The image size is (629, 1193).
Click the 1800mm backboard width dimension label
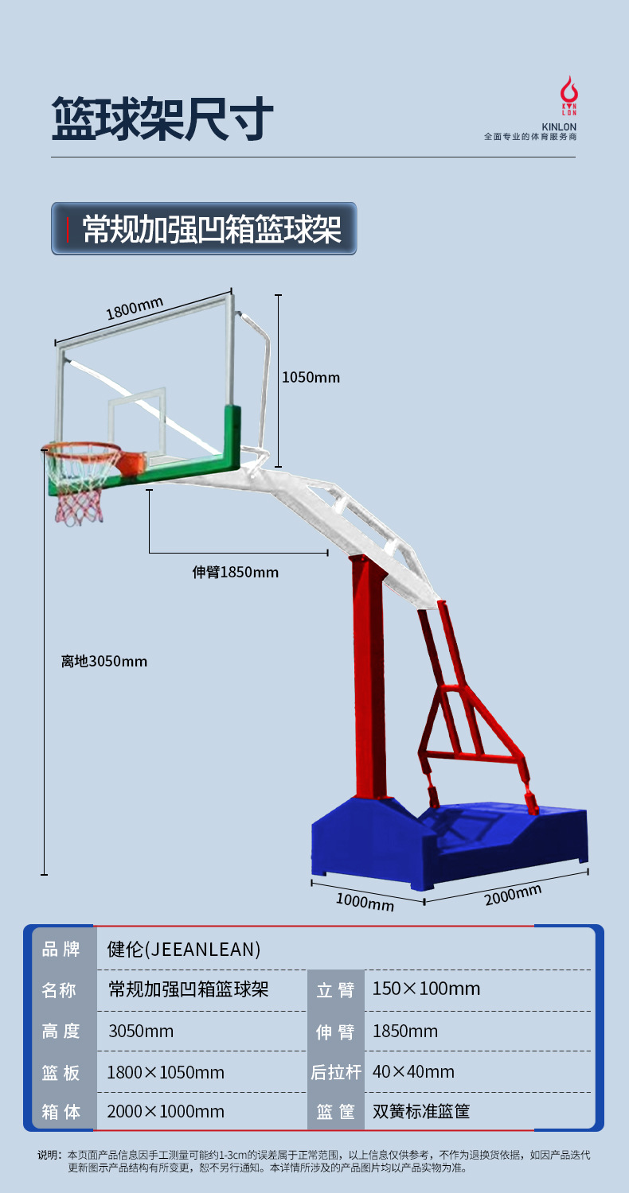coord(135,308)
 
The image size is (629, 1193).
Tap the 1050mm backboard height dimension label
coord(311,377)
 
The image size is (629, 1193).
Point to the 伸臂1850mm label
coord(236,572)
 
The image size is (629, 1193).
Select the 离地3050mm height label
coord(104,661)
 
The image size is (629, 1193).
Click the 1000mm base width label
coord(365,902)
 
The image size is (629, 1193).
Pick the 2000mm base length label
coord(512,895)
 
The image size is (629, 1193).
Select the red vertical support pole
coord(369,676)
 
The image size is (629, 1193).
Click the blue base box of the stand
coord(446,843)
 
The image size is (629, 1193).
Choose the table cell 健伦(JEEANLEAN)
coord(184,949)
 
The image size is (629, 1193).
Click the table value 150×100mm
coord(426,989)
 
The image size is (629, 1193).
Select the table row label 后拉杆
coord(335,1072)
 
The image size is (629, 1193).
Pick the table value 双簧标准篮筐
coord(421,1111)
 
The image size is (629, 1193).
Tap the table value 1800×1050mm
coord(166,1072)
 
